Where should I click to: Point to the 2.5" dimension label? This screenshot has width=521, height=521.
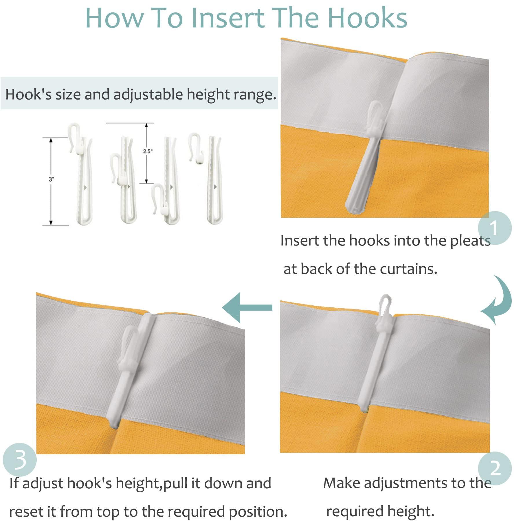[x=148, y=151]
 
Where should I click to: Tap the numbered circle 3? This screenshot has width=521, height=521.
[x=20, y=460]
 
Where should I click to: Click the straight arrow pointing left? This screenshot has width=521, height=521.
[x=247, y=307]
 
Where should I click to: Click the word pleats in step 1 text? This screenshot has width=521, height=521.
[x=471, y=241]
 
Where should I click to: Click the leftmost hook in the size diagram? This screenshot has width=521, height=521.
[x=80, y=174]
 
